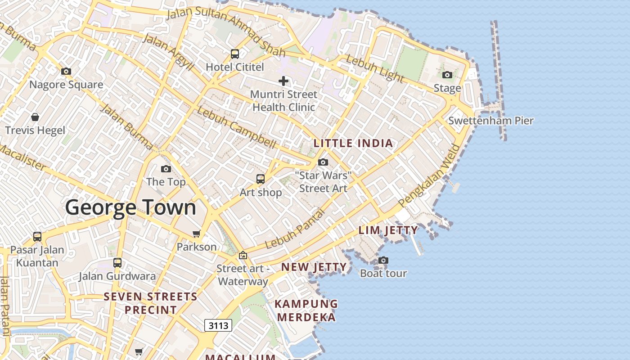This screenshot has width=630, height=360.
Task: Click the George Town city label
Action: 130,207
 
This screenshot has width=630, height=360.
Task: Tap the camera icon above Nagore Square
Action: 66,71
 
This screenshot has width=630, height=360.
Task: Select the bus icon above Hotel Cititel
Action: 235,54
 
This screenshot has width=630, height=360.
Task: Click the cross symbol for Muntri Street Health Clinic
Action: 283,81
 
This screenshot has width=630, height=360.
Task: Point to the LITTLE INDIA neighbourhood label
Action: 353,144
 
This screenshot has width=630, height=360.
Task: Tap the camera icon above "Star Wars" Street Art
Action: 323,162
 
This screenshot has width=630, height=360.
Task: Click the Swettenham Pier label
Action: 491,121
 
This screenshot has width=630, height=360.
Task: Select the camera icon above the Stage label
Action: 447,75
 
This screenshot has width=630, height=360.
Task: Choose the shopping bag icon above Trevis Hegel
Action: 35,117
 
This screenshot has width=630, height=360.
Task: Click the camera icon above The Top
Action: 166,169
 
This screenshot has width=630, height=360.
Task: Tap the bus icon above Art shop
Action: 261,179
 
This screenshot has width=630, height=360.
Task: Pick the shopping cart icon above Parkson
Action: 196,234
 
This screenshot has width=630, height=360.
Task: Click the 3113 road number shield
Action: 218,325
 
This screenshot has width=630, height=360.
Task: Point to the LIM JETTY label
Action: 388,230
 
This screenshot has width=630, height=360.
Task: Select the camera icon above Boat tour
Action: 383,260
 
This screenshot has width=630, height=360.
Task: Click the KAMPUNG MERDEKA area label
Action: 306,310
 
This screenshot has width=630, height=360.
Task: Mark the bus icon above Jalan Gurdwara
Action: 117,263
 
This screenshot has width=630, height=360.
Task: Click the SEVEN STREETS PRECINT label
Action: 150,303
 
